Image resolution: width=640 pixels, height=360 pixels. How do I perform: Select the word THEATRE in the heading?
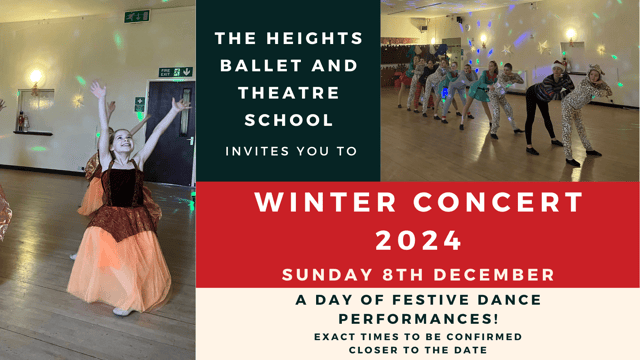pos(288,93)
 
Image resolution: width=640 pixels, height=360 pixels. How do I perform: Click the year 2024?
pos(418,240)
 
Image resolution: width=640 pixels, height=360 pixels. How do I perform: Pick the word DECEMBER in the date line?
pos(498,274)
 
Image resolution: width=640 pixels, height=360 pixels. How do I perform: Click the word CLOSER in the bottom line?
pos(373,350)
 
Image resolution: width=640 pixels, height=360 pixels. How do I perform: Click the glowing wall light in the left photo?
pos(37,77)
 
